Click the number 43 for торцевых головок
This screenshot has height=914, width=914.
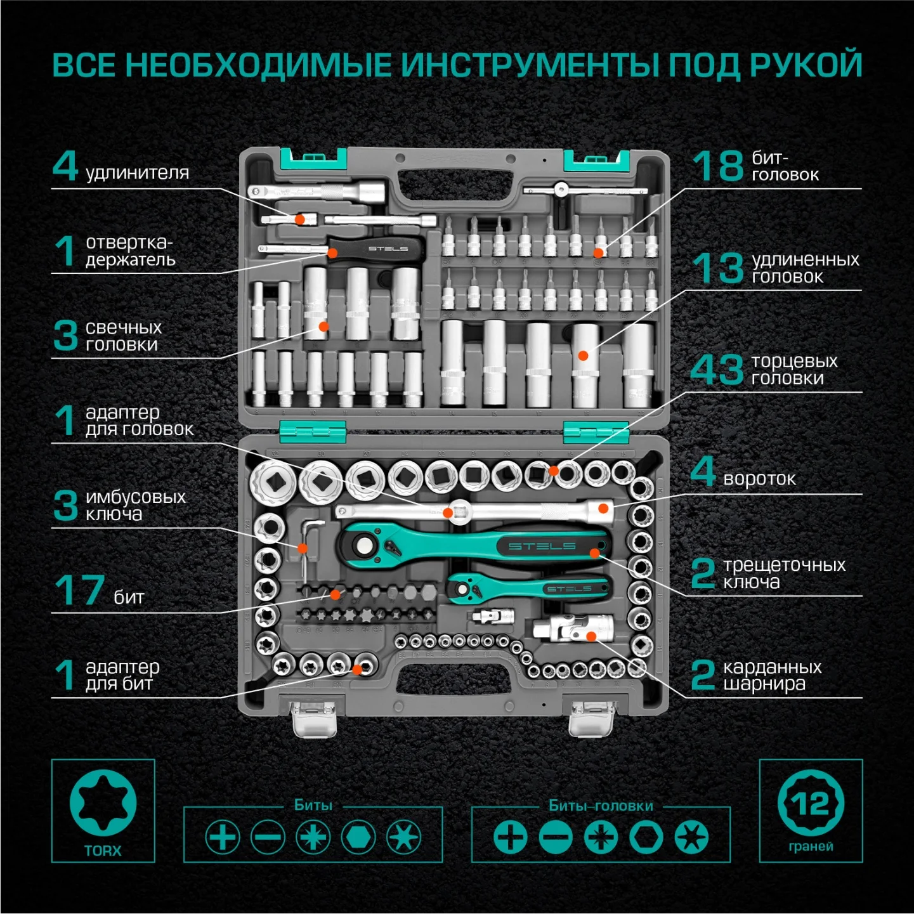click(x=717, y=369)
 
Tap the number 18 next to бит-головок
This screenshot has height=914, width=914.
click(x=717, y=166)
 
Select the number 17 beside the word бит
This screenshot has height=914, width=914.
click(x=79, y=590)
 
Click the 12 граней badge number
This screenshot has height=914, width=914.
click(x=811, y=804)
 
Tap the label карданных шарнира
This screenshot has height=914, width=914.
click(x=771, y=675)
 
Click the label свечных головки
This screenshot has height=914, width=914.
click(x=123, y=336)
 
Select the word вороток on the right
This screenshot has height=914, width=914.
click(x=759, y=478)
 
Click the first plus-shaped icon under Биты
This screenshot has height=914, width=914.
click(x=223, y=837)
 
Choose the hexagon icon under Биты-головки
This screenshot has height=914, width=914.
click(x=646, y=837)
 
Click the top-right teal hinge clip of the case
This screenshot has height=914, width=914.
click(x=596, y=160)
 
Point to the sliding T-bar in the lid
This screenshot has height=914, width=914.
click(x=584, y=189)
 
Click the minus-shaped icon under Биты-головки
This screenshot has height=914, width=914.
click(x=556, y=837)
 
